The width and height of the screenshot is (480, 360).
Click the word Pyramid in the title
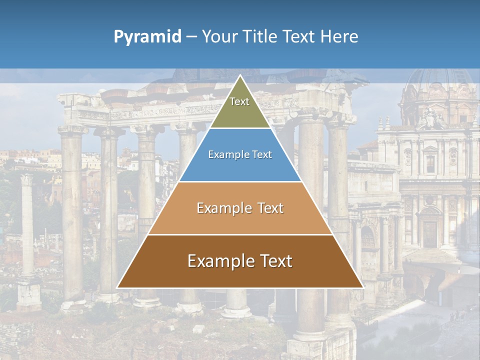point(147,37)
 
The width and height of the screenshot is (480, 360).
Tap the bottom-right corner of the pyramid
point(362,287)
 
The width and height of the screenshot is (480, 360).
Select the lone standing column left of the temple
point(27,225)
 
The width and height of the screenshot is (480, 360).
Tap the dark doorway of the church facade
point(429,233)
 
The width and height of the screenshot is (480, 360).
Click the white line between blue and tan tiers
point(240,181)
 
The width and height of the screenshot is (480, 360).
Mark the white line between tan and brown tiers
point(240,234)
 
